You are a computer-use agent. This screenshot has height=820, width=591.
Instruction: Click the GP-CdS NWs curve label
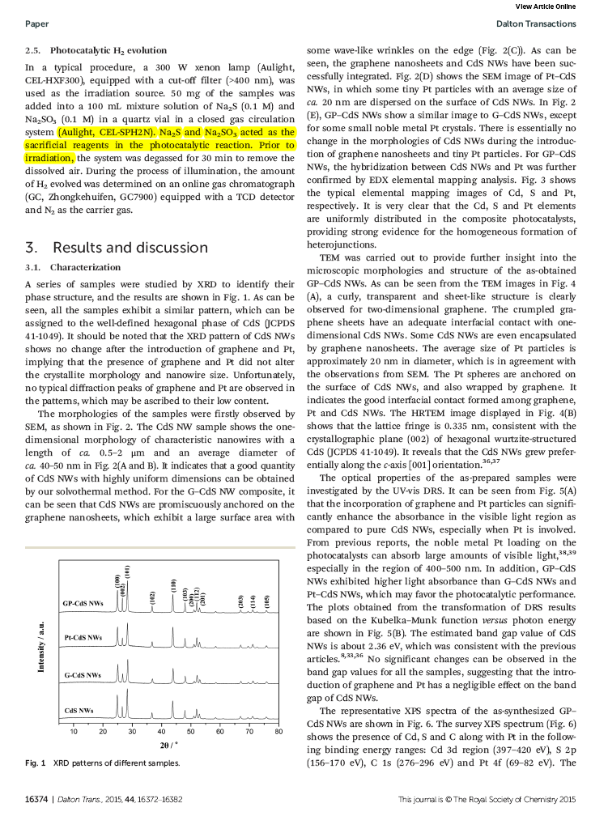(x=83, y=604)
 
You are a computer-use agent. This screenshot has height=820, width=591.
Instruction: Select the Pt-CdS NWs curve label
(x=83, y=638)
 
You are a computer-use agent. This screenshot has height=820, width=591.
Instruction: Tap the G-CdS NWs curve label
(x=83, y=674)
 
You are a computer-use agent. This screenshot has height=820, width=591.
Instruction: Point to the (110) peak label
(x=173, y=584)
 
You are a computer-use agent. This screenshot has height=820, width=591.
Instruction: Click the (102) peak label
(x=152, y=597)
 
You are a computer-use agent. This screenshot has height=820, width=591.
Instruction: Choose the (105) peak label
(x=266, y=601)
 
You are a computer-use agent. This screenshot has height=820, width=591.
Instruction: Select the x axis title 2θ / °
(x=169, y=746)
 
